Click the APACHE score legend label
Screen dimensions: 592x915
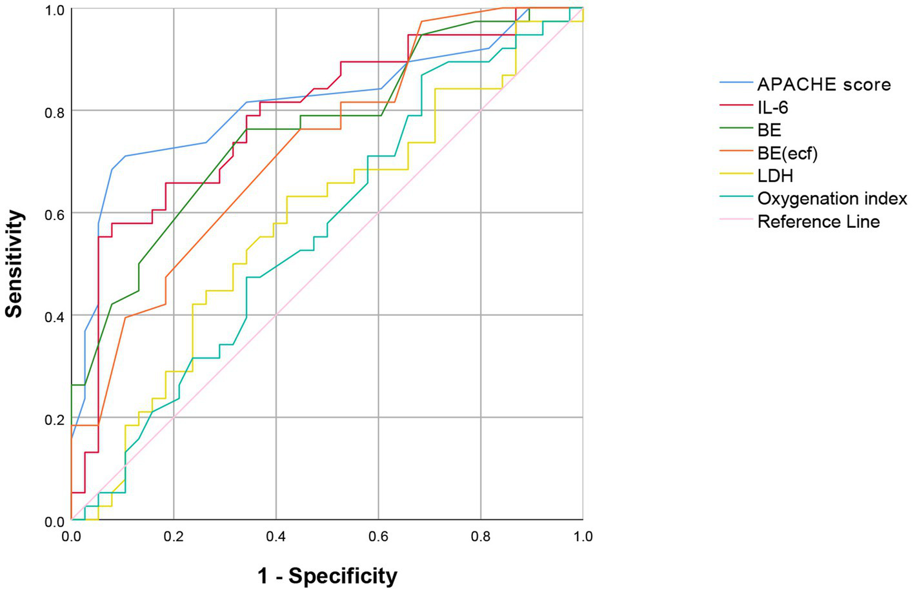[x=823, y=85]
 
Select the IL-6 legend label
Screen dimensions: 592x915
[x=772, y=107]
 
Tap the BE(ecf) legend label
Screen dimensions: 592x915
[x=787, y=153]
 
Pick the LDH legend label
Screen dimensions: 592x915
[x=775, y=176]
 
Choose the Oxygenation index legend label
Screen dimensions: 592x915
[x=832, y=199]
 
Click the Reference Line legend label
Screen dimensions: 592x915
[x=818, y=222]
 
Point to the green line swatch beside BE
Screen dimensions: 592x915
[x=736, y=130]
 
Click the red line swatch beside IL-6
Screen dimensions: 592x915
[x=736, y=107]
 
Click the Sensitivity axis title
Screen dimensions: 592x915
[x=14, y=263]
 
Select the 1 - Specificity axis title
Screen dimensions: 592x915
[x=327, y=575]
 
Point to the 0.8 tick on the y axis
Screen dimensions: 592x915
[x=54, y=112]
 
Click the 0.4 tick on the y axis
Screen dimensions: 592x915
[x=54, y=317]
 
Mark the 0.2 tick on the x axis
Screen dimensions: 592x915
[x=173, y=536]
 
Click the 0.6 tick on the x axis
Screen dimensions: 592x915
[x=378, y=536]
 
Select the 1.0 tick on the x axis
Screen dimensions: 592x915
[x=583, y=536]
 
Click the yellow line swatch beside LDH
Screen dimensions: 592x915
[x=736, y=176]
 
